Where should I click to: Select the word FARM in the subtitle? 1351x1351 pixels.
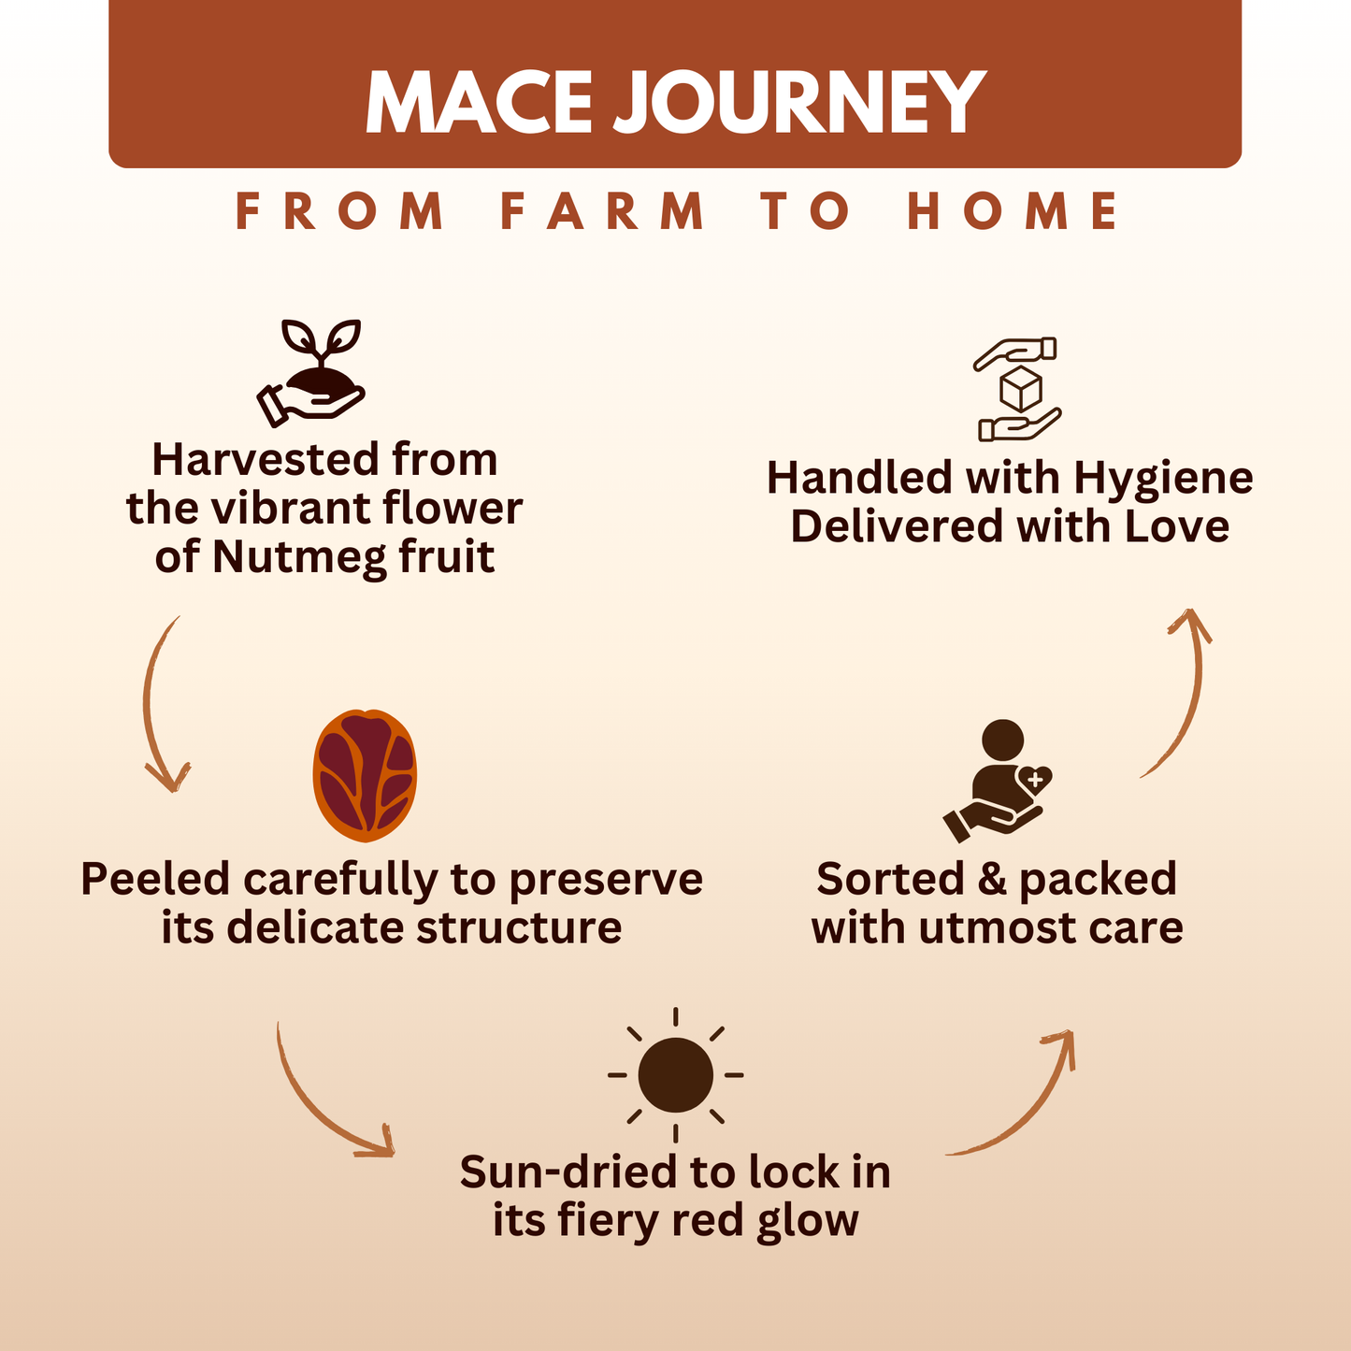(x=603, y=211)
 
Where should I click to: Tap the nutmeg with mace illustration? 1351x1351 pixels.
(x=365, y=775)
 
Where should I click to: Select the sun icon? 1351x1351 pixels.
(x=675, y=1075)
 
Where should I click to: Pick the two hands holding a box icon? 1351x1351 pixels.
(x=1018, y=389)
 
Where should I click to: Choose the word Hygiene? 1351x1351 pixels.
(x=1163, y=478)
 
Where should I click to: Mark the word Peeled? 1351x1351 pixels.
(x=155, y=880)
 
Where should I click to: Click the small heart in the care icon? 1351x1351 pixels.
(x=1034, y=779)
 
